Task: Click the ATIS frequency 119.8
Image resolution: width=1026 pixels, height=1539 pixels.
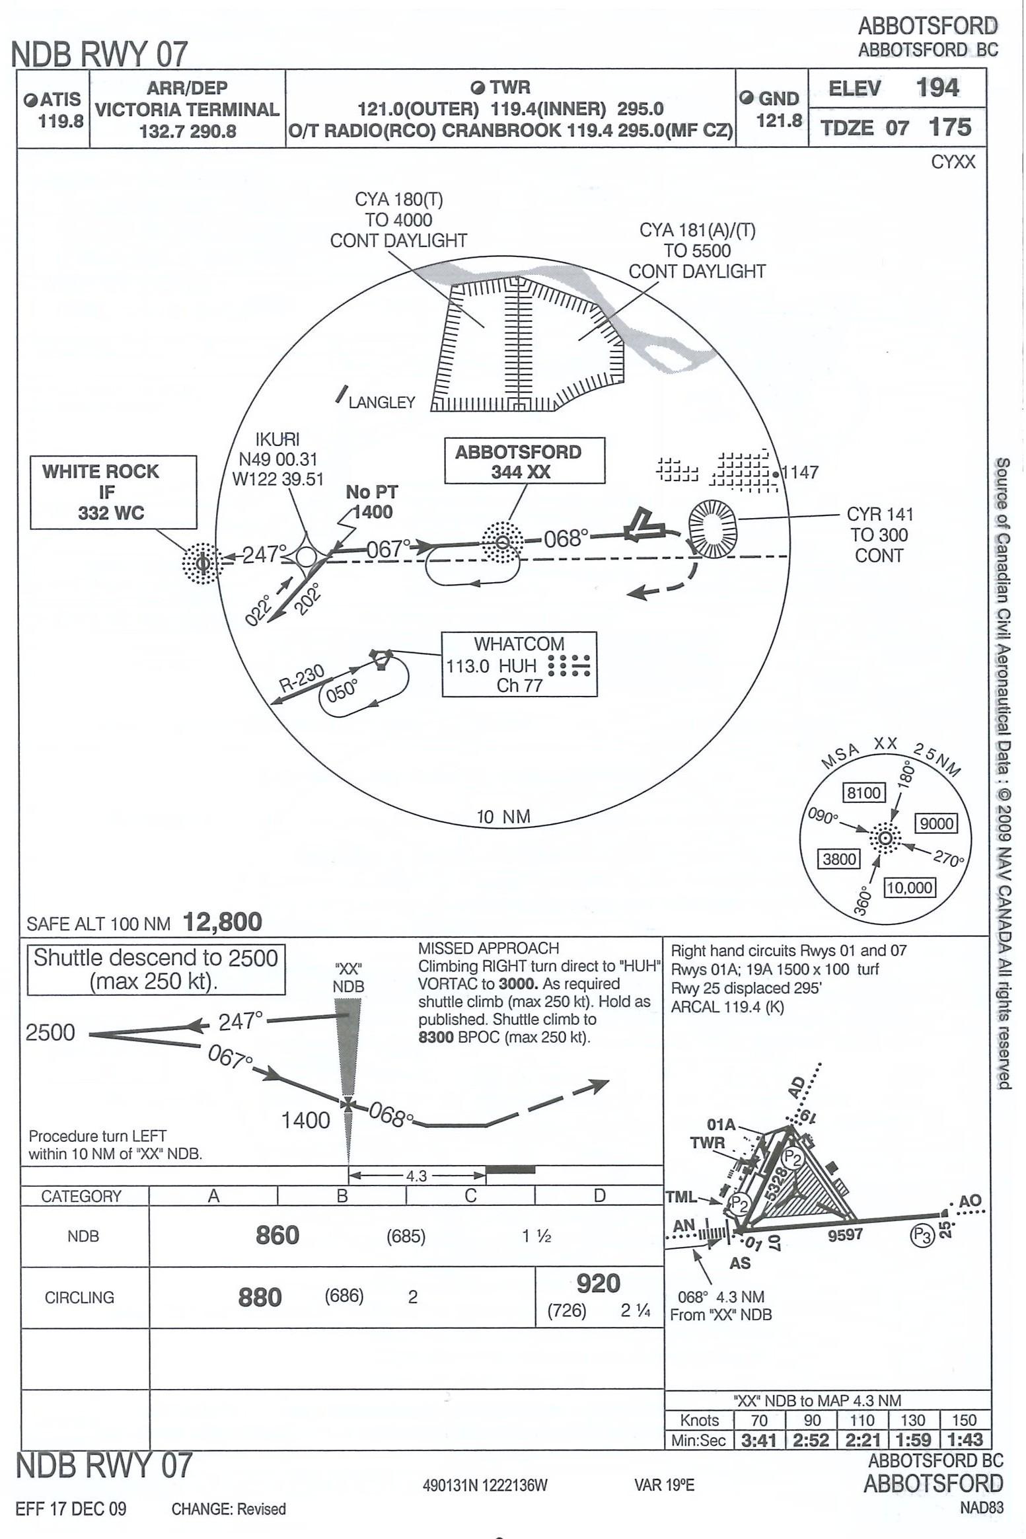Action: [60, 121]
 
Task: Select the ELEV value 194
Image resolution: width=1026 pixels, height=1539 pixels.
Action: [937, 88]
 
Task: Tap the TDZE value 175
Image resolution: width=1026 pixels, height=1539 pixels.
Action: [949, 127]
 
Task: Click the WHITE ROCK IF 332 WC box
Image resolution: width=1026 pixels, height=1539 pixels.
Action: [113, 492]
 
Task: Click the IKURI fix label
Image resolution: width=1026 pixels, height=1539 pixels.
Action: [277, 439]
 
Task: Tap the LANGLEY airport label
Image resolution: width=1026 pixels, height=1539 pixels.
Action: [382, 402]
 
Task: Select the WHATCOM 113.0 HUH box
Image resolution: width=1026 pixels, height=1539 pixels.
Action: [519, 664]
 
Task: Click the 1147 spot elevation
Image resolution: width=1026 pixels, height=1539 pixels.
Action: [800, 472]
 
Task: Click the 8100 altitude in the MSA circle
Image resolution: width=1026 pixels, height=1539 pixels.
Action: [863, 792]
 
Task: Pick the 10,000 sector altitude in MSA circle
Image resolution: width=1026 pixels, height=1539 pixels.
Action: [910, 887]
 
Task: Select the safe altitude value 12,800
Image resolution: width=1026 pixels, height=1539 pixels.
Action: [223, 922]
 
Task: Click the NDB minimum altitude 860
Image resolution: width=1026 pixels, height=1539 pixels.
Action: [277, 1235]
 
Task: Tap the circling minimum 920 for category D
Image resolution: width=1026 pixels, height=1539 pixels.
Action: [598, 1283]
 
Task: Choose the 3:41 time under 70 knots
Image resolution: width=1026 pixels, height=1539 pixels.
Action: [758, 1440]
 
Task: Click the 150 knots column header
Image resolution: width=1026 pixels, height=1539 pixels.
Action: [964, 1420]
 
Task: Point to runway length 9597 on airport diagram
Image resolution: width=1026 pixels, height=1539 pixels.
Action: [845, 1234]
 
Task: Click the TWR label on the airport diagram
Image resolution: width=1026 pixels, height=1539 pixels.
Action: [707, 1143]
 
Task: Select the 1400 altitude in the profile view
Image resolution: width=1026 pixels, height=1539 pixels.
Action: [305, 1119]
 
